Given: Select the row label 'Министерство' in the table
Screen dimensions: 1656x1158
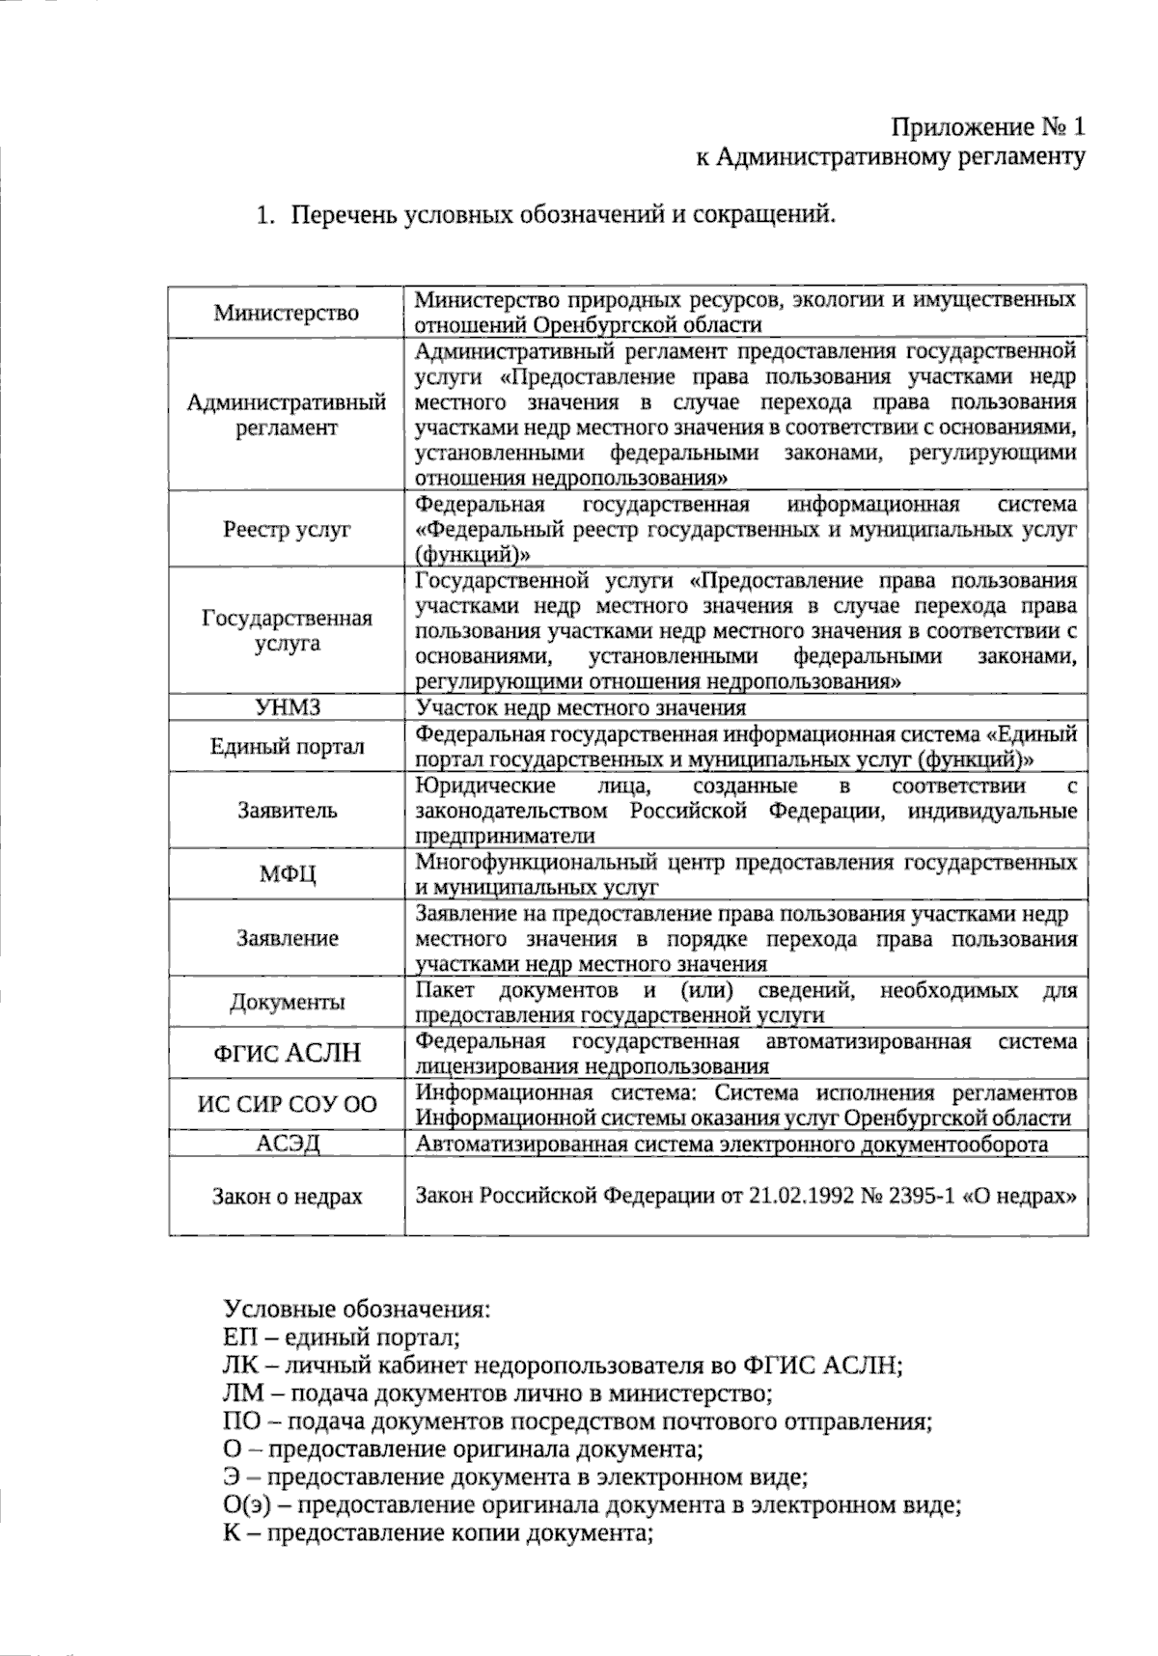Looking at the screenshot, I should tap(287, 313).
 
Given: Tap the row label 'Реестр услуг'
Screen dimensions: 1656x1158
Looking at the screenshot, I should tap(287, 529).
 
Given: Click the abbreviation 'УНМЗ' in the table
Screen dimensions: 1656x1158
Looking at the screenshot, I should tap(287, 707).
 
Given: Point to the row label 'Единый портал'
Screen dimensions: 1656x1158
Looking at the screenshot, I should tap(287, 746).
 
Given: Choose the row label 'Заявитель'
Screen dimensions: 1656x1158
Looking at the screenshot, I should tap(287, 810).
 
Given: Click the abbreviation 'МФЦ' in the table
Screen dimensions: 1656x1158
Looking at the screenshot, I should tap(287, 874).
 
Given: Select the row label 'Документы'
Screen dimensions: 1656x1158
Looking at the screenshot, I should tap(287, 1002).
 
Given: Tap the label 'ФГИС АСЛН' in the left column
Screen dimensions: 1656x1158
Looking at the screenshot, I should tap(287, 1053).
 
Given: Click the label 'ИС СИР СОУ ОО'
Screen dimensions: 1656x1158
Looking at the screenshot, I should tap(287, 1105).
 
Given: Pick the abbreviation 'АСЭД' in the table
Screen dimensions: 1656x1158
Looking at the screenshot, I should tap(287, 1145).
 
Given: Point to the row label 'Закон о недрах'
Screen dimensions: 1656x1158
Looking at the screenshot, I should tap(287, 1197).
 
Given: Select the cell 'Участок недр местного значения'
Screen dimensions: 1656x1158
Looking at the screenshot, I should tap(580, 707).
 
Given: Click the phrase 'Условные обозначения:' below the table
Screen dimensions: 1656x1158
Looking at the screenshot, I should tap(357, 1311).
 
